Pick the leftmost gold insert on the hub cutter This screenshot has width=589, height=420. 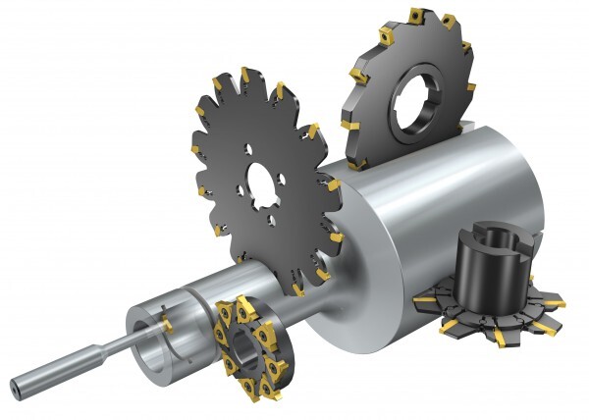click(423, 295)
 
